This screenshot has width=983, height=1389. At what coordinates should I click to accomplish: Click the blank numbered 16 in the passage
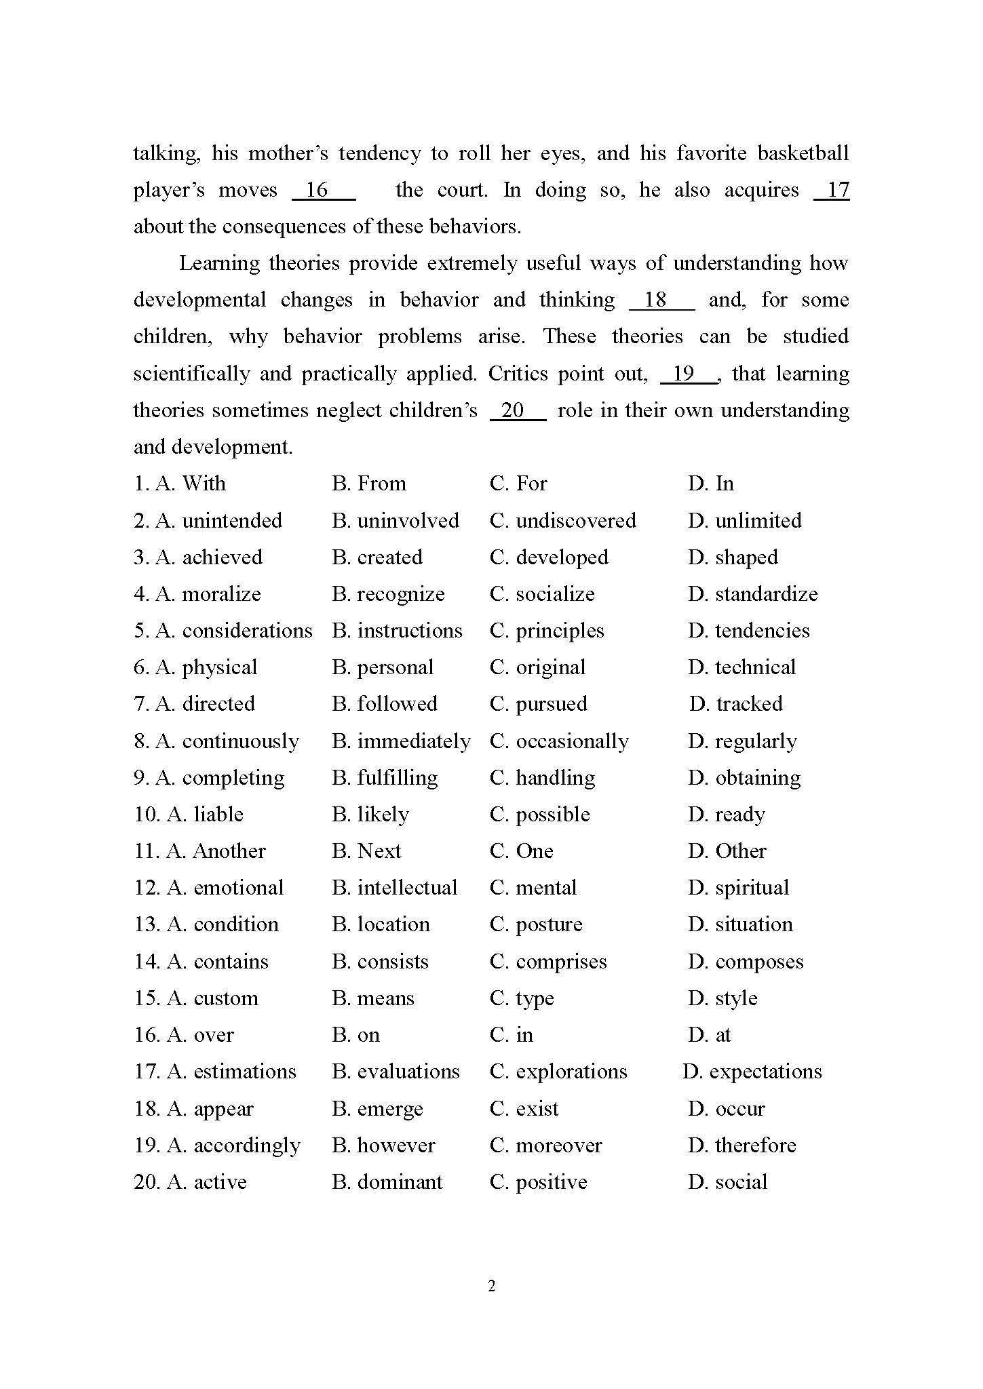[323, 191]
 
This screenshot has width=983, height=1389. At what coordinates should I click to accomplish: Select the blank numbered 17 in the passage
[832, 191]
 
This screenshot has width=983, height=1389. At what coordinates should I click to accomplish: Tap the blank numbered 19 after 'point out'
[689, 374]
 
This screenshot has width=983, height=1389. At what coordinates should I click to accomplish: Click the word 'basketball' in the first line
[803, 153]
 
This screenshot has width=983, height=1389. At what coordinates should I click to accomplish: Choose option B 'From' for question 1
[369, 484]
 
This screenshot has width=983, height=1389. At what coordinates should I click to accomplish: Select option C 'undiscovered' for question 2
[563, 521]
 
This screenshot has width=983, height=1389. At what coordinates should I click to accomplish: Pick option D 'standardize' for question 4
[753, 594]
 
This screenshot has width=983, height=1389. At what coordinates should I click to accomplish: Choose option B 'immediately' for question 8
[401, 741]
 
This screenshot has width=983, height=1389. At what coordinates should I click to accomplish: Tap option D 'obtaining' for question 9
[744, 778]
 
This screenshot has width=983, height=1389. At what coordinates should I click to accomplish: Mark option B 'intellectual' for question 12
[395, 888]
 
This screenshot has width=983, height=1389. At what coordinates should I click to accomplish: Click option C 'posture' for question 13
[536, 924]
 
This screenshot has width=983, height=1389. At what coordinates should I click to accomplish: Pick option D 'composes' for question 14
[746, 962]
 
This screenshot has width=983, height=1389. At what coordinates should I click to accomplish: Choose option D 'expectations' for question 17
[752, 1072]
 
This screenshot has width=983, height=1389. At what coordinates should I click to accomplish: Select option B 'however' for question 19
[384, 1146]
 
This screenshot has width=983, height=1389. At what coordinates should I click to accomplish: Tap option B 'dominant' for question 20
[387, 1182]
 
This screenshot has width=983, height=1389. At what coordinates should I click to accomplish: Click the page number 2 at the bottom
[492, 1286]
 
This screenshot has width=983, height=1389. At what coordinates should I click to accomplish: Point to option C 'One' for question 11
[522, 851]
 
